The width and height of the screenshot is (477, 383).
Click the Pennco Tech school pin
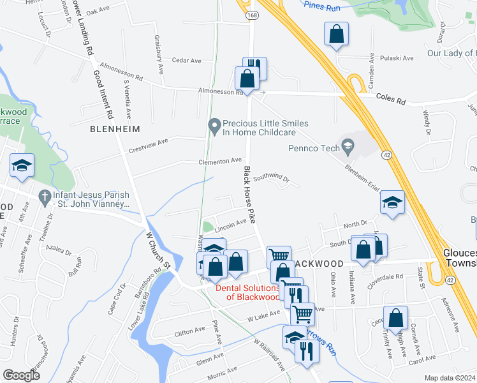[348, 148]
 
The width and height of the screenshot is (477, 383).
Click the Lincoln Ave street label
[230, 224]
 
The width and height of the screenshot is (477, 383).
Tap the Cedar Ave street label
[186, 61]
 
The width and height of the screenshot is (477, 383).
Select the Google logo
[21, 375]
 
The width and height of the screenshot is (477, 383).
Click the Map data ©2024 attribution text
[450, 378]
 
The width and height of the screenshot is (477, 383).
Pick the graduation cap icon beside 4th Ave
[22, 167]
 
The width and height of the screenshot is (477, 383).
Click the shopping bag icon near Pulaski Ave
[336, 34]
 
